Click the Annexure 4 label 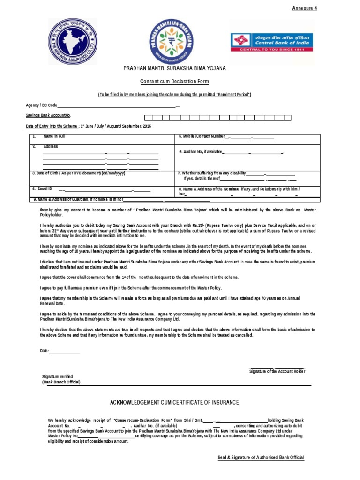[x=305, y=8]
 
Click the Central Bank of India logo [x=265, y=42]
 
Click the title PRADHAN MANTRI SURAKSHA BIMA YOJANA [x=174, y=68]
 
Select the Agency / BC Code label [x=41, y=105]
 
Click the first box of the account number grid [x=148, y=117]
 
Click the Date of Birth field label [x=78, y=173]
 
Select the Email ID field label [x=42, y=188]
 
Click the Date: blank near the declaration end [x=64, y=351]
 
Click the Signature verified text [x=58, y=377]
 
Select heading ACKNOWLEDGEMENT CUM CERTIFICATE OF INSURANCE [x=174, y=403]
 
